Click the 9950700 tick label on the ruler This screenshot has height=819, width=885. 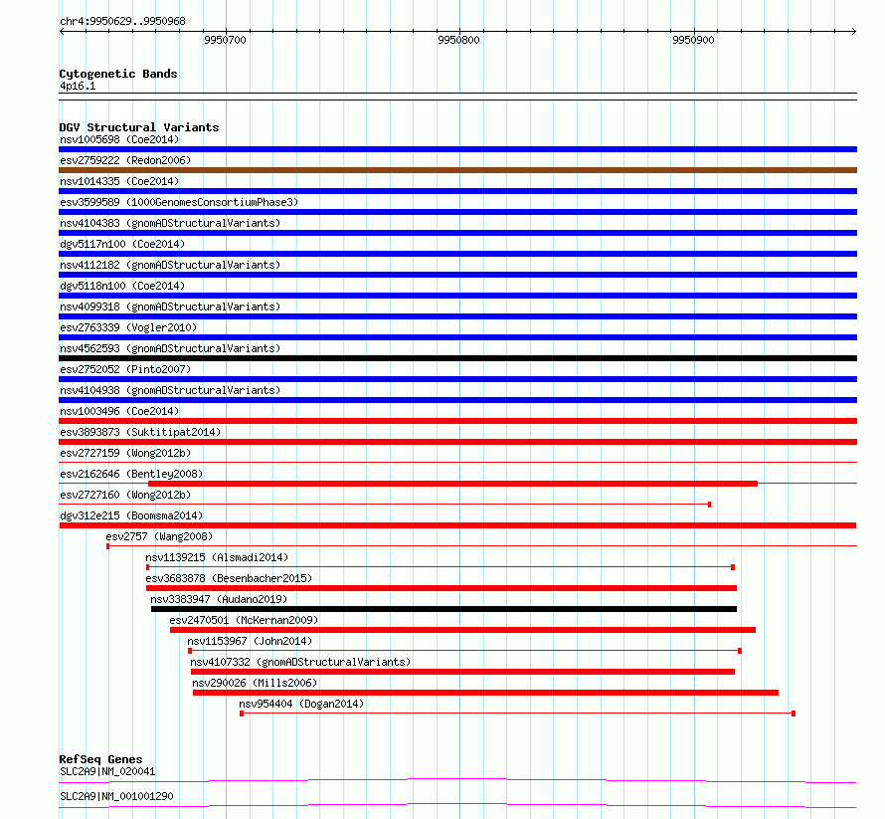point(225,40)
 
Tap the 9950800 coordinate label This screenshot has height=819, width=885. point(458,40)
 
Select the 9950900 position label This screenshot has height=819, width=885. point(694,40)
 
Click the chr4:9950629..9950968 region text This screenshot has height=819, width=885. point(122,22)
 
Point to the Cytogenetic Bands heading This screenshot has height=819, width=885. point(118,74)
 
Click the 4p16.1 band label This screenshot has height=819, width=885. point(78,87)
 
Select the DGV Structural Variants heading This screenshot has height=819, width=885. point(139,127)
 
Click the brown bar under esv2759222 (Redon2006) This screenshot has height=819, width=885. point(457,170)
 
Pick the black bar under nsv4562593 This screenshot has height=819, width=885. point(457,358)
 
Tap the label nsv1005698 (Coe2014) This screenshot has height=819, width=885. point(119,139)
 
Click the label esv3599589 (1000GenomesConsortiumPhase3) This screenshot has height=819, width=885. point(179,202)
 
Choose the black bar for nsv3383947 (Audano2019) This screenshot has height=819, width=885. point(443,609)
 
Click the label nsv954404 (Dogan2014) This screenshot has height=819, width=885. point(301,704)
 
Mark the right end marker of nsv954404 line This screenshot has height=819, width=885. point(794,714)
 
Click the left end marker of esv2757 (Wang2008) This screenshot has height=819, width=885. point(107,546)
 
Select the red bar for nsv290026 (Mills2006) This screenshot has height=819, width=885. point(485,693)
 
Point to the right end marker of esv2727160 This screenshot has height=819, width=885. point(709,505)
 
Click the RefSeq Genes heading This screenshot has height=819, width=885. point(100,759)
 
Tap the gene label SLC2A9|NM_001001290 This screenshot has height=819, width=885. point(116,796)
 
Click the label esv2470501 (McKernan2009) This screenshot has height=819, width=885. point(244,620)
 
